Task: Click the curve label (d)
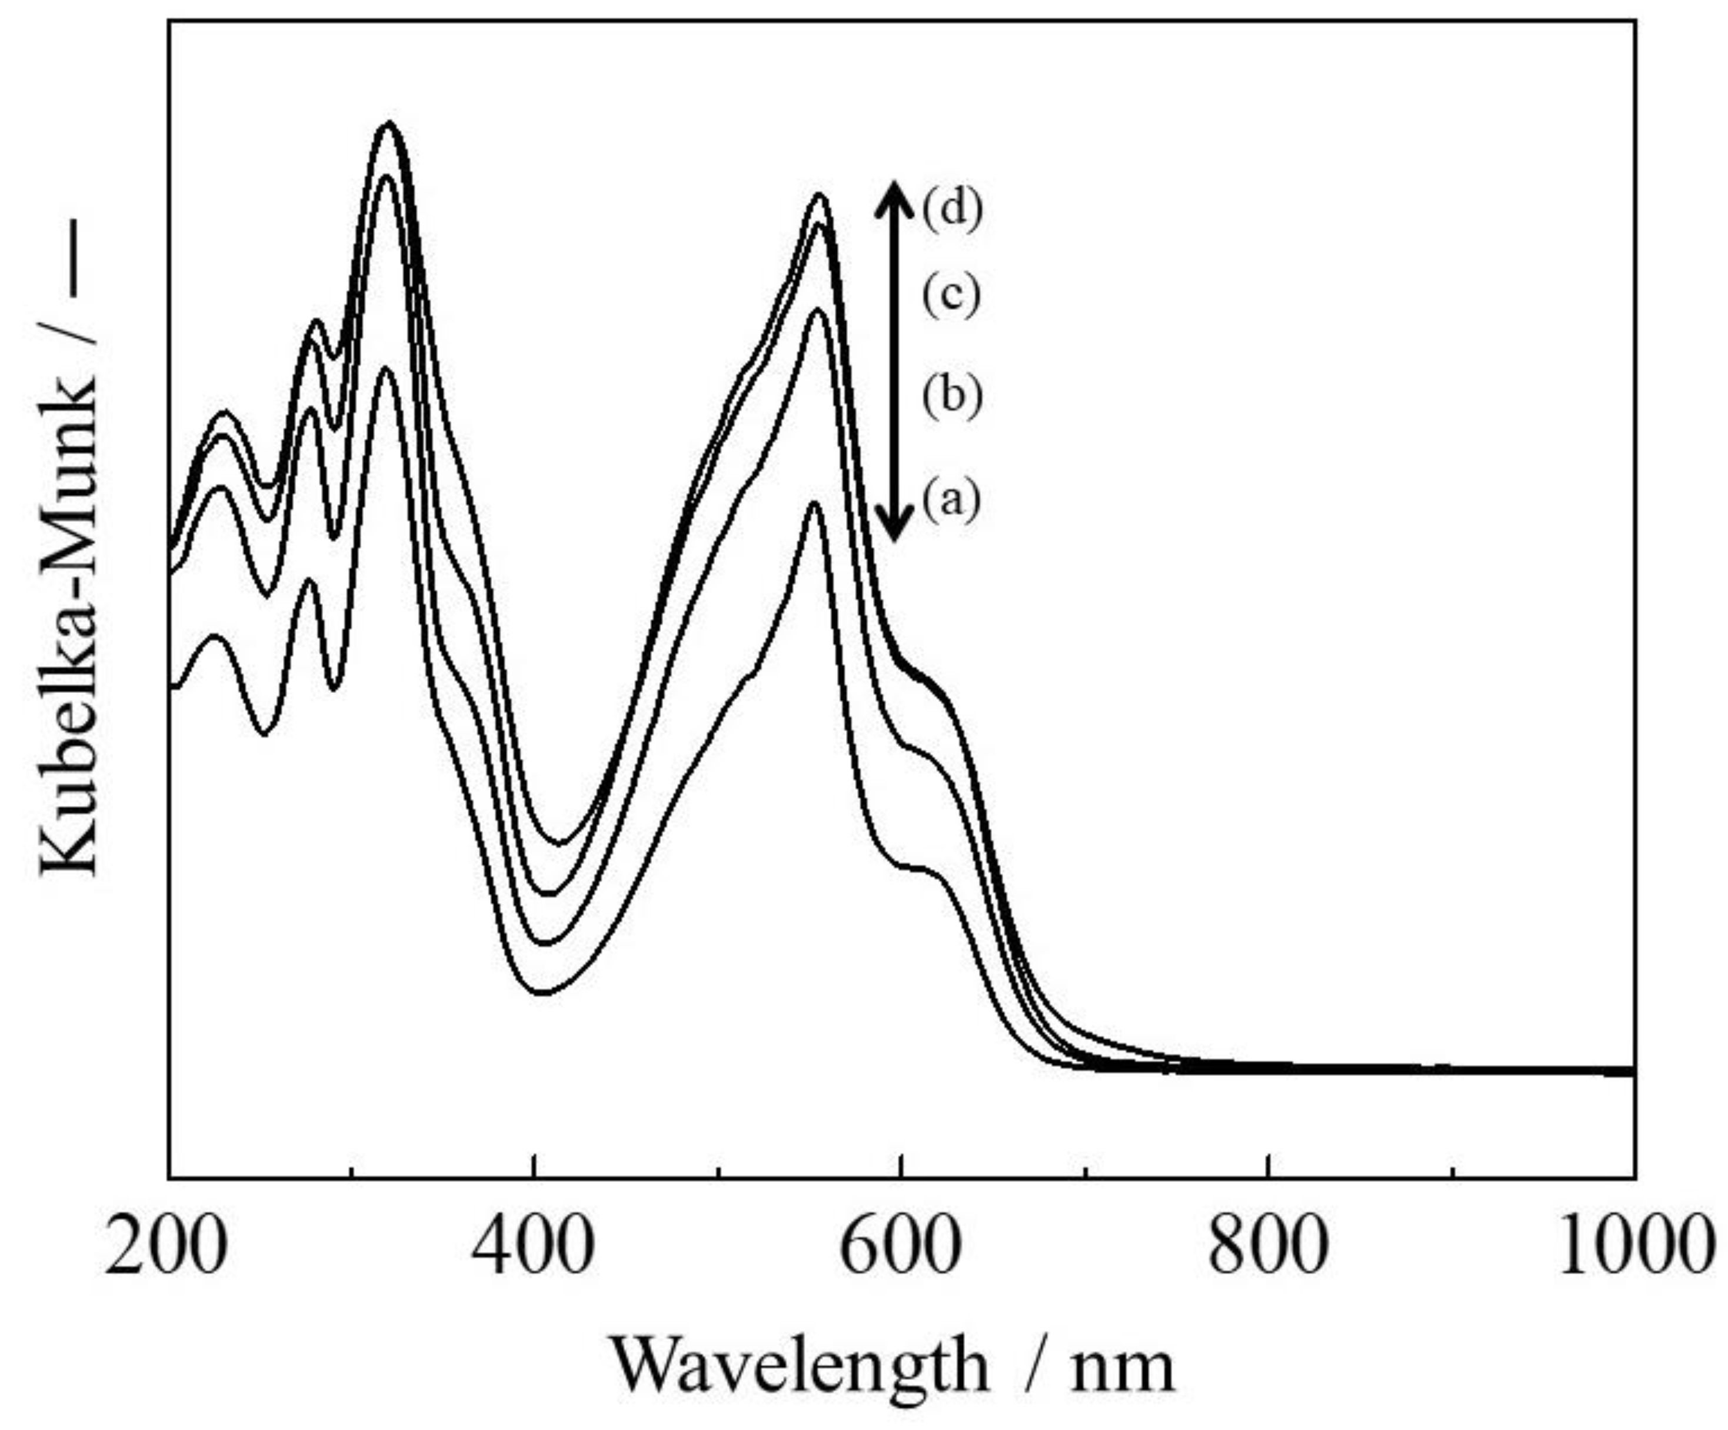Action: [952, 211]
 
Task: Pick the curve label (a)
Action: [952, 500]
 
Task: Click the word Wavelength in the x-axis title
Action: [798, 1366]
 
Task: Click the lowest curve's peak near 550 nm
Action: [814, 503]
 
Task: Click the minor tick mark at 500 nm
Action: [718, 1170]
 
